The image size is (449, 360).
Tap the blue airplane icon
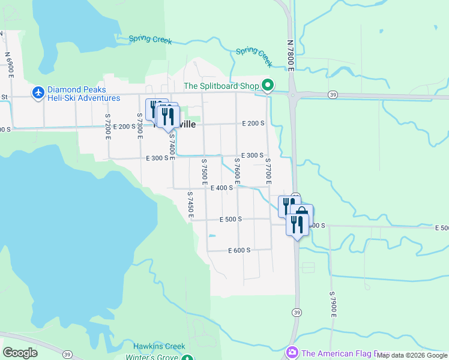38,92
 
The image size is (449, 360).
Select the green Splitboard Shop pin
268,86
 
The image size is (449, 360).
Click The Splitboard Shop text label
221,86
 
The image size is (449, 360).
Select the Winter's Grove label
152,357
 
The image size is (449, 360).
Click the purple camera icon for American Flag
292,352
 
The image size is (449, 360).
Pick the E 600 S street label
239,250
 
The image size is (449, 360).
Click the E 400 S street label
221,188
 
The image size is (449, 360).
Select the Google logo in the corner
20,353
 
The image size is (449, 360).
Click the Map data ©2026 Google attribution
412,356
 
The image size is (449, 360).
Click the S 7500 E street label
204,172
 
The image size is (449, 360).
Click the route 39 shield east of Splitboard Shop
332,95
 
